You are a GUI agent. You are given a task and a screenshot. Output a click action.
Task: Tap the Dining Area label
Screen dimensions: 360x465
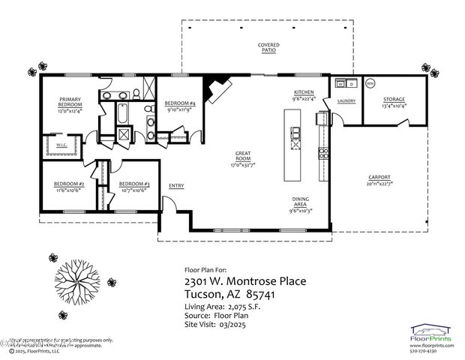(x=301, y=202)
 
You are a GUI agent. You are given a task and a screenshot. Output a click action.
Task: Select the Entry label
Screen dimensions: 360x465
(x=176, y=186)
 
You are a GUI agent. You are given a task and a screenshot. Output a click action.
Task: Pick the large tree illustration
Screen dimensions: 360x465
(x=78, y=275)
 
